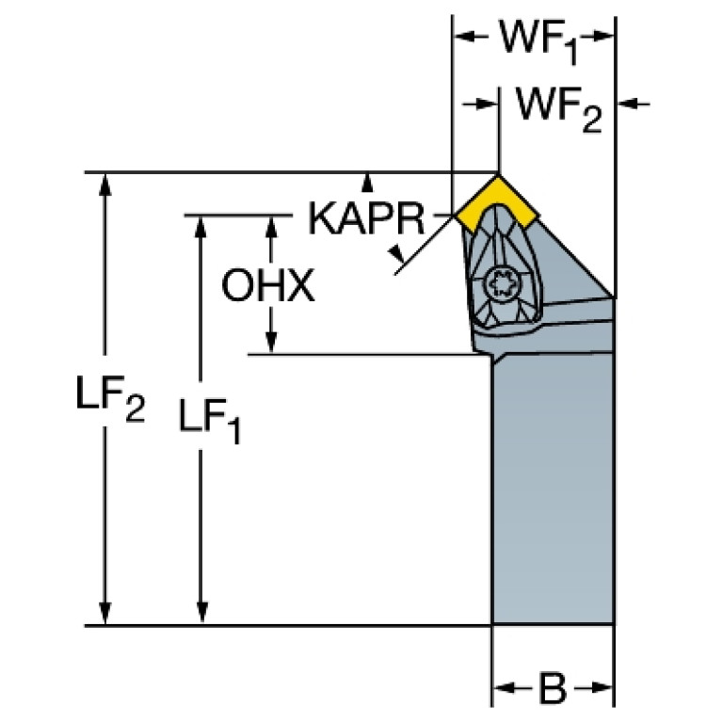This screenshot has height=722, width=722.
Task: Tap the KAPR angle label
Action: tap(365, 220)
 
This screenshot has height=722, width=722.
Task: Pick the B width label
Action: tap(554, 689)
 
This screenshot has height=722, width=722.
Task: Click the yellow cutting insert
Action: tap(496, 201)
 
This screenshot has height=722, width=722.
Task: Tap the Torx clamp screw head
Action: tap(499, 281)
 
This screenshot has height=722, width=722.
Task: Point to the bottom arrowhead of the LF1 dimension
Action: tap(201, 615)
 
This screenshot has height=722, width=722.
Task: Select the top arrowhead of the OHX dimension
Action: tap(272, 224)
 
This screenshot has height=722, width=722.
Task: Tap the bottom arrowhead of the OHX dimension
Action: tap(272, 345)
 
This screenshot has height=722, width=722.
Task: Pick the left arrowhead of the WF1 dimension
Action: tap(463, 38)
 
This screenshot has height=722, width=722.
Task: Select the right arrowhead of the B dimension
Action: tap(604, 689)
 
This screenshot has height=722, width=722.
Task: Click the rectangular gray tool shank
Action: tap(554, 489)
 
